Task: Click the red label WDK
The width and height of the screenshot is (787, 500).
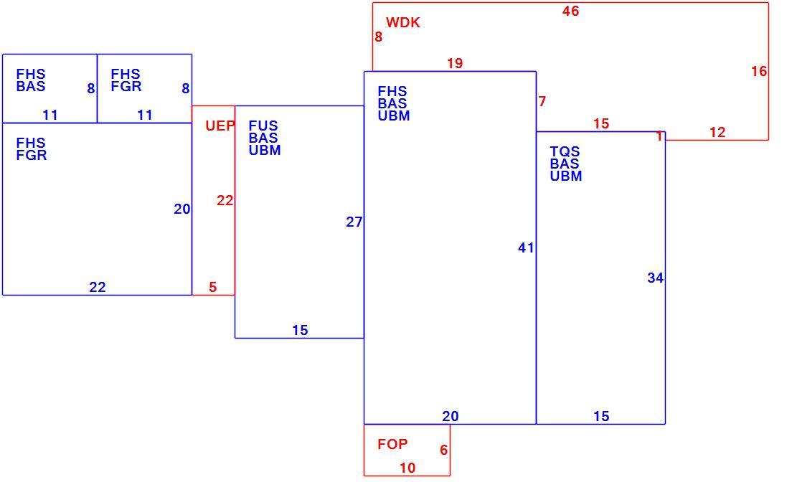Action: (402, 22)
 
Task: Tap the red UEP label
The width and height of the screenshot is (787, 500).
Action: (220, 126)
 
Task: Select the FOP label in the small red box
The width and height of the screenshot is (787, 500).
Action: (392, 444)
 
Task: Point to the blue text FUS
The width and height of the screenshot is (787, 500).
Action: (263, 126)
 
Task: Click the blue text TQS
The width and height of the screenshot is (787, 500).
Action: (565, 151)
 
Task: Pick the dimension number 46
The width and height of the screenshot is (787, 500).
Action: (570, 11)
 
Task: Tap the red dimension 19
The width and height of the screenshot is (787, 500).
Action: (455, 63)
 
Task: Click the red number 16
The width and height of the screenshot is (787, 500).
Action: (759, 71)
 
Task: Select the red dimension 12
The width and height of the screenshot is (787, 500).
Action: (717, 132)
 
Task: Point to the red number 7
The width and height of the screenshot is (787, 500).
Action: (542, 101)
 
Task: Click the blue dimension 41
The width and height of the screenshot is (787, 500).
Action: (526, 247)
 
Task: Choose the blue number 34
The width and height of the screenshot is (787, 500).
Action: (655, 278)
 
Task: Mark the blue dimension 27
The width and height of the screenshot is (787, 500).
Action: (354, 222)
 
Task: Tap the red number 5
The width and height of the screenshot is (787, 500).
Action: (213, 287)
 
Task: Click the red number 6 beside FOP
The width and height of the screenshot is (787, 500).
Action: (443, 450)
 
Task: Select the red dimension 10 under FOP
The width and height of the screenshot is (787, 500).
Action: (407, 468)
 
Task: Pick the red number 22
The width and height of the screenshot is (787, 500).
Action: (225, 200)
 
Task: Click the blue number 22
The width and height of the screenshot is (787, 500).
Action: (98, 287)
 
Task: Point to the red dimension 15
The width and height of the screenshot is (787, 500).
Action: (600, 123)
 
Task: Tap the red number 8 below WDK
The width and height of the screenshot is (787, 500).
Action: (379, 37)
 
